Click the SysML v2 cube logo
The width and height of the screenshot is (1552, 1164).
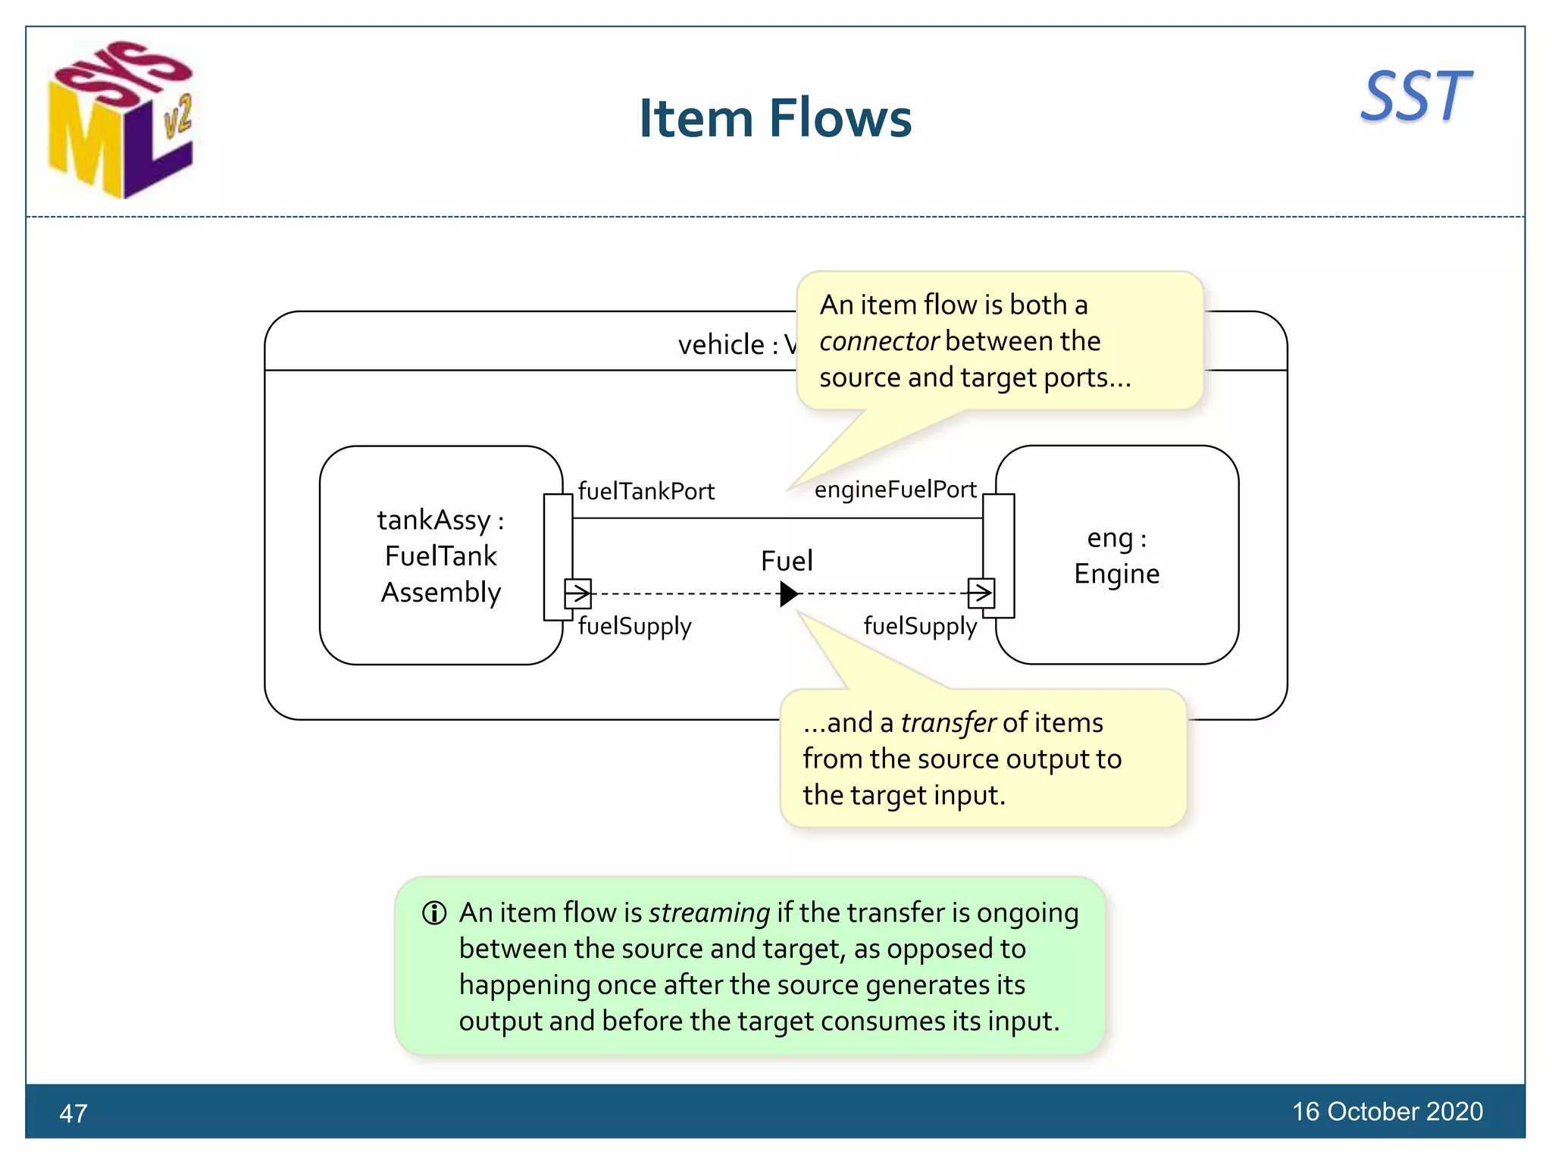(120, 119)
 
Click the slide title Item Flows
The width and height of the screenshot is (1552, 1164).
(774, 118)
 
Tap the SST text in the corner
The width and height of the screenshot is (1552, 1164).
(1415, 96)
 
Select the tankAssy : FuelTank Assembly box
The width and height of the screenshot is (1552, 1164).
(440, 555)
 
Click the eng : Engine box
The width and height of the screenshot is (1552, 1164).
(1117, 555)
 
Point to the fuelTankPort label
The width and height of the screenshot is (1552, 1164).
(646, 491)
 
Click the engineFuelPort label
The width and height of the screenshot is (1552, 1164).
(895, 490)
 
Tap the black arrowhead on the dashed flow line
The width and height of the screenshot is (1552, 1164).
(788, 593)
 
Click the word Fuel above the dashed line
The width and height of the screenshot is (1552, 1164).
(787, 561)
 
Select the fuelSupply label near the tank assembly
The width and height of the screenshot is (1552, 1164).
(634, 626)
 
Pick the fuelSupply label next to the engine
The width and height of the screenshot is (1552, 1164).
(920, 626)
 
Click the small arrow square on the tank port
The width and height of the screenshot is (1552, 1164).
(577, 593)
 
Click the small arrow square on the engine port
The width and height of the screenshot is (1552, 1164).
(981, 593)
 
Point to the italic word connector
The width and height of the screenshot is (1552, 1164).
(879, 342)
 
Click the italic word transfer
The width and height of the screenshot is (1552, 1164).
(948, 723)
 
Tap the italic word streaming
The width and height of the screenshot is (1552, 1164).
(709, 912)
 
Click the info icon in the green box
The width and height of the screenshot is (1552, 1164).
(434, 913)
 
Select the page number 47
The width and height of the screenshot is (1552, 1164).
(74, 1113)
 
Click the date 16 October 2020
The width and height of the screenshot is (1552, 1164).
(1387, 1112)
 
